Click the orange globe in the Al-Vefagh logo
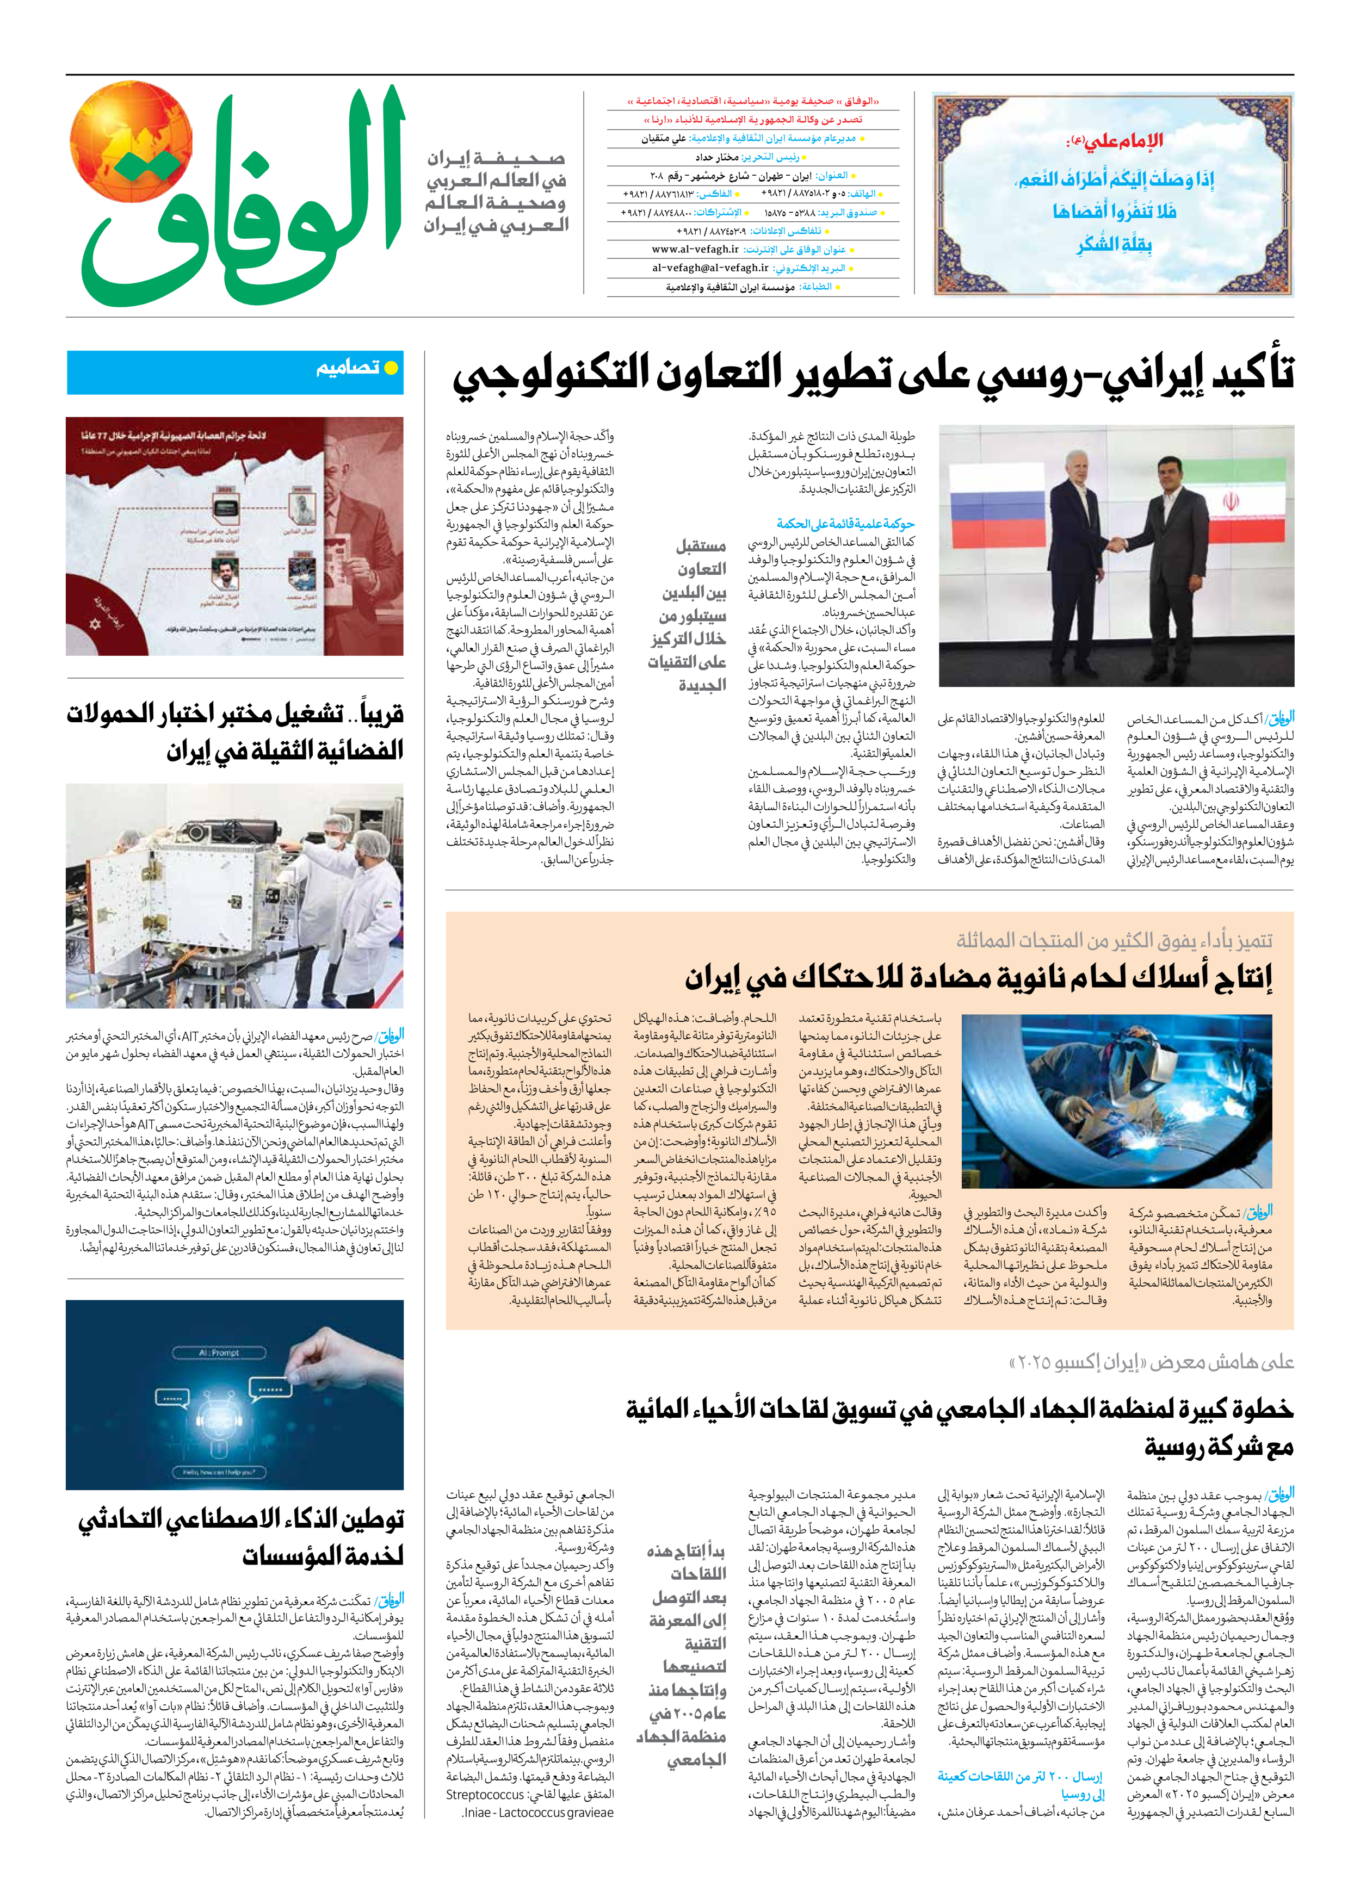pyautogui.click(x=131, y=141)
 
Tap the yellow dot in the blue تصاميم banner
pyautogui.click(x=390, y=367)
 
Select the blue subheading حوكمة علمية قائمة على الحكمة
pyautogui.click(x=845, y=524)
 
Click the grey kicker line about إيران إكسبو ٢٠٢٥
pyautogui.click(x=1151, y=1362)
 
